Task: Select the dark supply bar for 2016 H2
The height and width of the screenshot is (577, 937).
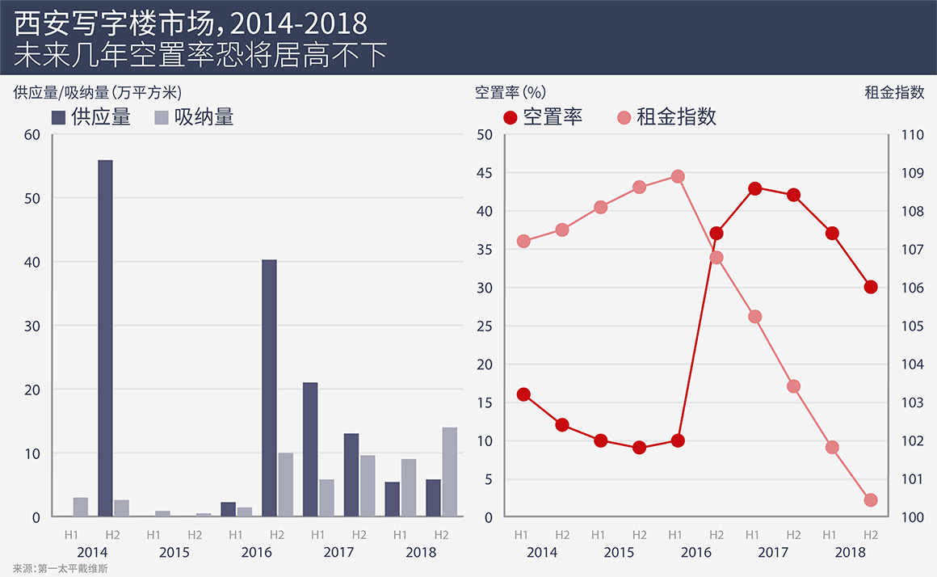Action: pyautogui.click(x=269, y=388)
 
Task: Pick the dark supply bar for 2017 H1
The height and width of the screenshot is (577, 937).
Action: pyautogui.click(x=310, y=449)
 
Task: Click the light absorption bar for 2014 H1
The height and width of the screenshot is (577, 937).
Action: pyautogui.click(x=81, y=507)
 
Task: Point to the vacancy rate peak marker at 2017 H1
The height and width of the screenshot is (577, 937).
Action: pyautogui.click(x=755, y=188)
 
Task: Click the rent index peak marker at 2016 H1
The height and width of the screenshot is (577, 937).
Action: pyautogui.click(x=678, y=176)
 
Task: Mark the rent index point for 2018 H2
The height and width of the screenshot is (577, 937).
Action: pyautogui.click(x=871, y=500)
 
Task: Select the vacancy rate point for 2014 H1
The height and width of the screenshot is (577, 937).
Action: pyautogui.click(x=523, y=394)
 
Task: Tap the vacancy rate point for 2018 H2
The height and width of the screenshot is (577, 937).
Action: pyautogui.click(x=871, y=287)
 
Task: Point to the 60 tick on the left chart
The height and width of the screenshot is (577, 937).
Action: pyautogui.click(x=32, y=134)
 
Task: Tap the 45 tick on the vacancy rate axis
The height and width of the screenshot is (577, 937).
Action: pyautogui.click(x=484, y=173)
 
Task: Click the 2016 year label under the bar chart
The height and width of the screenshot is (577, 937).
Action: pyautogui.click(x=256, y=553)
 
